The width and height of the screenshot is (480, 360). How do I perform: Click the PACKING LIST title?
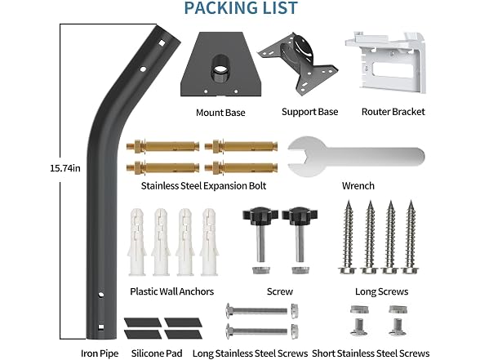[x=241, y=8]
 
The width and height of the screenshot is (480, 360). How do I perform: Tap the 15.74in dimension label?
[x=65, y=168]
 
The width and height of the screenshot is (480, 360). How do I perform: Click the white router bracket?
[x=385, y=61]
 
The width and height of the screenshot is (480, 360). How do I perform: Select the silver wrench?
[x=356, y=157]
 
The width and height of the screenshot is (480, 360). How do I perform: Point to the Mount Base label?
[x=220, y=113]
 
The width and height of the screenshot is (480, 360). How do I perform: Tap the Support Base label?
[x=310, y=112]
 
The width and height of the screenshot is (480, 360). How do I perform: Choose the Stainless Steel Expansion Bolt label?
[x=203, y=186]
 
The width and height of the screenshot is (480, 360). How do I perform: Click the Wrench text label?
[x=358, y=186]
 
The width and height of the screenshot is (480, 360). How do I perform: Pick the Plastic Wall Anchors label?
[x=171, y=291]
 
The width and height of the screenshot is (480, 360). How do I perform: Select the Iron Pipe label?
[x=100, y=353]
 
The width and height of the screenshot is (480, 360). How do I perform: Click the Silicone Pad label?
[x=157, y=353]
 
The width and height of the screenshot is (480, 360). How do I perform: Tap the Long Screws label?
[x=382, y=291]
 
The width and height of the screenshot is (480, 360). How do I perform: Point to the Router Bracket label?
[x=393, y=112]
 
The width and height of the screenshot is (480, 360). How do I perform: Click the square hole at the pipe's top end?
[x=162, y=43]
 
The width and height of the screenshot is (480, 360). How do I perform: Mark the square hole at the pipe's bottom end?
[x=100, y=327]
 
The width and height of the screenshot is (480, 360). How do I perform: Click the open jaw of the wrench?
[x=299, y=157]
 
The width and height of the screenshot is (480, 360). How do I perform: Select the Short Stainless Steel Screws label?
[x=371, y=353]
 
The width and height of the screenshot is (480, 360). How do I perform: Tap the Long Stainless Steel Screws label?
[x=250, y=353]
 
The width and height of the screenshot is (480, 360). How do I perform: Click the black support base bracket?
[x=297, y=63]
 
